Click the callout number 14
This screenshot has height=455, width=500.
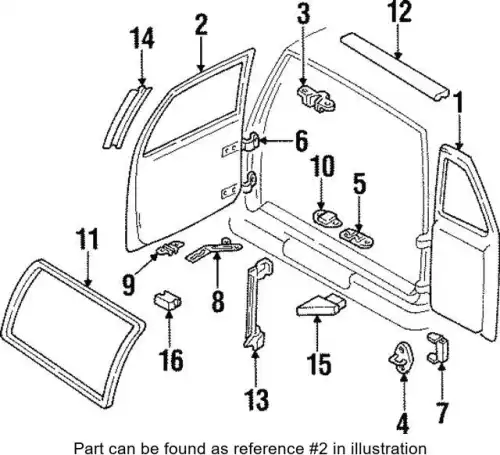(142, 38)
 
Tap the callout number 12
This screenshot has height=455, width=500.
(400, 12)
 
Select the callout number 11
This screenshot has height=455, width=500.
(87, 239)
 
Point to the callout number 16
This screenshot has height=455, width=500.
(172, 360)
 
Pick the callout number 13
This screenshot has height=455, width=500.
(256, 399)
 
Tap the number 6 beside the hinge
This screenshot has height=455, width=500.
(301, 141)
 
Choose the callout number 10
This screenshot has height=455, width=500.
(322, 166)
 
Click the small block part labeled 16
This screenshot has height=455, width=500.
(168, 300)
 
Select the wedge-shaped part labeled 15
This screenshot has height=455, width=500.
(321, 307)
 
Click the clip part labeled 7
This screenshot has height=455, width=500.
(438, 348)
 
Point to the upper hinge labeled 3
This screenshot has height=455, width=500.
(316, 99)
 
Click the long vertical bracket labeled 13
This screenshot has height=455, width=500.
(256, 303)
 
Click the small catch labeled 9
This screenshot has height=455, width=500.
(169, 248)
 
